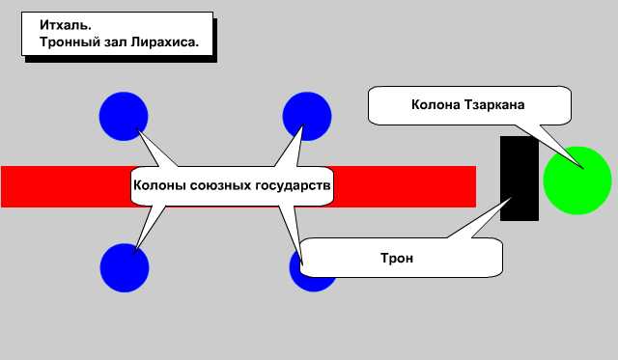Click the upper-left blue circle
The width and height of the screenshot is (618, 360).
pyautogui.click(x=124, y=116)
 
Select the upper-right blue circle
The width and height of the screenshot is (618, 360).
pyautogui.click(x=307, y=116)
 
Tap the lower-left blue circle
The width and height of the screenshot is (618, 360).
pyautogui.click(x=125, y=267)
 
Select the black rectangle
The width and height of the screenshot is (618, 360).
pyautogui.click(x=520, y=179)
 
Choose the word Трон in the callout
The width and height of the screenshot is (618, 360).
pyautogui.click(x=398, y=259)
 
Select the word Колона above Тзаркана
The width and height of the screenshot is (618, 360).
pyautogui.click(x=434, y=103)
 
